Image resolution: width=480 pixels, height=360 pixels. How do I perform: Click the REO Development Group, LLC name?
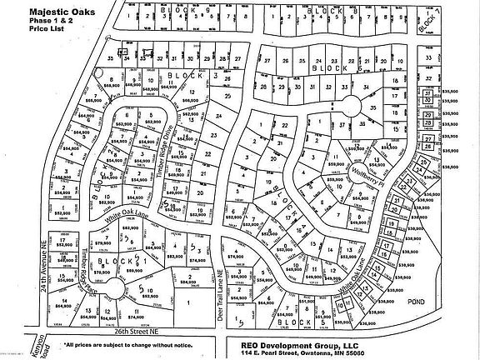[x=301, y=342]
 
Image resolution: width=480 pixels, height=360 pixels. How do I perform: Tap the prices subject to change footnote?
[x=129, y=343]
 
